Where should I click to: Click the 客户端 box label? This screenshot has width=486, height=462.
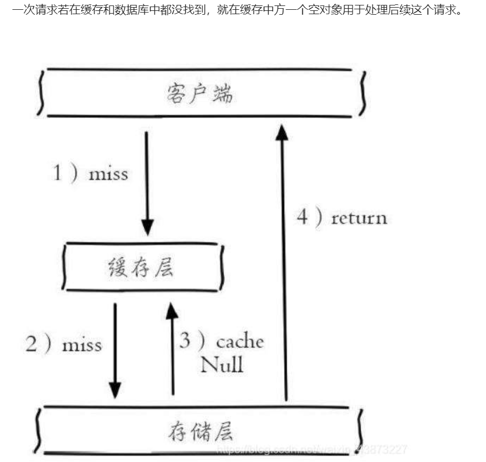[199, 94]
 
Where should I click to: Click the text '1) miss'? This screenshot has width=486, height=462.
[90, 174]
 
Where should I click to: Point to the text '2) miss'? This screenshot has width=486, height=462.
[64, 344]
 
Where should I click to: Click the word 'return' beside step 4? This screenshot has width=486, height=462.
[359, 218]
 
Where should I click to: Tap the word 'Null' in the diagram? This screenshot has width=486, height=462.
[221, 364]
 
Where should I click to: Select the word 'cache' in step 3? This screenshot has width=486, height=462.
[240, 342]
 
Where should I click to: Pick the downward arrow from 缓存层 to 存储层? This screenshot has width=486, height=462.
[115, 349]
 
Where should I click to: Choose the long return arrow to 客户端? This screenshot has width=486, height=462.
[282, 262]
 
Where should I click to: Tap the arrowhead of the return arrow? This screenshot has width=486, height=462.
[282, 132]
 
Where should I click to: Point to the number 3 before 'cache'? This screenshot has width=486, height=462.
[186, 341]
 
